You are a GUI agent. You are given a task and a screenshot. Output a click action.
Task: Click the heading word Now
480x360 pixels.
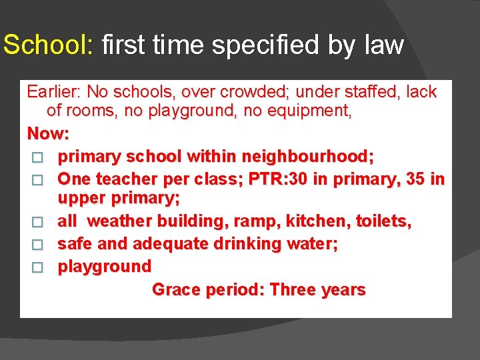(47, 133)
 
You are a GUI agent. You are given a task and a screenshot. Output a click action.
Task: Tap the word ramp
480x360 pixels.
(262, 221)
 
